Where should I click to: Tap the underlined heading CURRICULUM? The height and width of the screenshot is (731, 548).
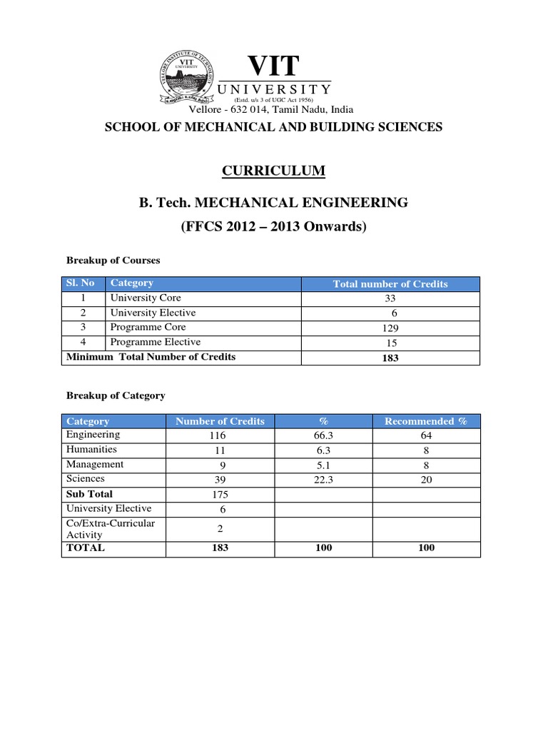click(274, 171)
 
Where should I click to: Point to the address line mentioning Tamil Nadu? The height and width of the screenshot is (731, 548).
click(271, 110)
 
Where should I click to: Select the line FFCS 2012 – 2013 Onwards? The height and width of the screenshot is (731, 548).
click(274, 227)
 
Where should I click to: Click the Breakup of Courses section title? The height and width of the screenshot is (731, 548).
click(113, 260)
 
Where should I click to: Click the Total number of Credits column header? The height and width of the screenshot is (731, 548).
click(390, 284)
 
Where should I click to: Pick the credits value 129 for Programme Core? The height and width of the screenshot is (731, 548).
click(390, 328)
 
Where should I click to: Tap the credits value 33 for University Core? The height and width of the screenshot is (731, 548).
click(390, 299)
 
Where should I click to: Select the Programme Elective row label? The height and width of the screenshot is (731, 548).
click(155, 343)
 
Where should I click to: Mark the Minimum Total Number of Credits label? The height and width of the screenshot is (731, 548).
click(151, 357)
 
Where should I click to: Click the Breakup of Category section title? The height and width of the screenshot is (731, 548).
click(116, 395)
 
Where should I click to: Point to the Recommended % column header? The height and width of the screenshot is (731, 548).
click(426, 421)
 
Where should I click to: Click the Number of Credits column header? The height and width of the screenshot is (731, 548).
click(220, 421)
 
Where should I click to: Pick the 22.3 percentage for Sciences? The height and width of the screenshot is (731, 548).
click(323, 480)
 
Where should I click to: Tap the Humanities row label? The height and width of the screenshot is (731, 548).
click(91, 450)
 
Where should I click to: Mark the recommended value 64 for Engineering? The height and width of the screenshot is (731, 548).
click(426, 435)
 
